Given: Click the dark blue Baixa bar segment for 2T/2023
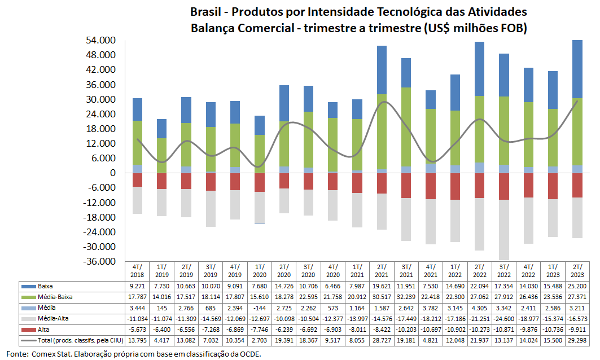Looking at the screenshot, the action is click(577, 69).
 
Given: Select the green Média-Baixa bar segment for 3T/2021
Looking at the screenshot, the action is click(406, 127).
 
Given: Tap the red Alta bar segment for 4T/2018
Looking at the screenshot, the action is click(137, 180).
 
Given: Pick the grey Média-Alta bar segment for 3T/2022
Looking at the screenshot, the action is click(504, 230).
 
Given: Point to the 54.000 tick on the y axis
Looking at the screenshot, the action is click(100, 41).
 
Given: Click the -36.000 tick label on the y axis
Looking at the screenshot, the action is click(99, 261).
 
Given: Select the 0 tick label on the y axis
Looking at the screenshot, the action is click(112, 173).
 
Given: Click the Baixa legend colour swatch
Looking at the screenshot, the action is click(28, 287).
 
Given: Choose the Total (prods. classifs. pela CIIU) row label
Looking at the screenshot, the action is click(81, 340).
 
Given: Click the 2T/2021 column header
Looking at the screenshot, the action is click(382, 271).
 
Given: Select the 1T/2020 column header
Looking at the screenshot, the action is click(260, 271).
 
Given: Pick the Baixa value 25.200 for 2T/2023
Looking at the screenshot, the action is click(577, 286).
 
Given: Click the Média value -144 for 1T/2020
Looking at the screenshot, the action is click(260, 308).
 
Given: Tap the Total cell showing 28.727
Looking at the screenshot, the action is click(382, 340).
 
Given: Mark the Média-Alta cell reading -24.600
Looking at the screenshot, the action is click(504, 319).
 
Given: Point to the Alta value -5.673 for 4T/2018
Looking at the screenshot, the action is click(137, 330).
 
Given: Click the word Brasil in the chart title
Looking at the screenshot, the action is click(205, 12).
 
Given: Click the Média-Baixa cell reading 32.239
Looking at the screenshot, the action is click(406, 297).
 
